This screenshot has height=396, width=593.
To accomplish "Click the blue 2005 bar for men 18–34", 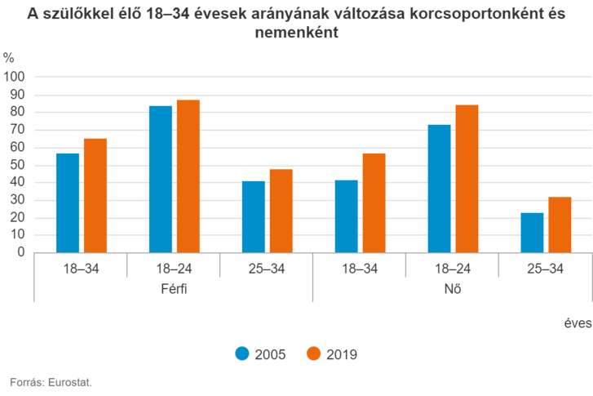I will pyautogui.click(x=68, y=202).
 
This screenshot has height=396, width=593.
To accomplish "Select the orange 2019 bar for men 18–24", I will pyautogui.click(x=188, y=176).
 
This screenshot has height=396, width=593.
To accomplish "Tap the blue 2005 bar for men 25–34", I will pyautogui.click(x=253, y=216).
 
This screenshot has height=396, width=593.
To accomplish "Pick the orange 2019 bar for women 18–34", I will pyautogui.click(x=374, y=202).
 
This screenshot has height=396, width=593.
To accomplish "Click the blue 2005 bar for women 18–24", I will pyautogui.click(x=439, y=188).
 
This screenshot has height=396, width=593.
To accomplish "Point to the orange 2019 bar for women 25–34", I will pyautogui.click(x=559, y=225).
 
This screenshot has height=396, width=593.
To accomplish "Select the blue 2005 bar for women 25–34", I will pyautogui.click(x=532, y=232).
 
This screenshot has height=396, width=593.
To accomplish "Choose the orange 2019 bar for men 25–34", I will pyautogui.click(x=281, y=211).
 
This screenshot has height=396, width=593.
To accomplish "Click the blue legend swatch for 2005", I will pyautogui.click(x=241, y=354).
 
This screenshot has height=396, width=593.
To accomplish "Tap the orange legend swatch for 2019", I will pyautogui.click(x=312, y=354).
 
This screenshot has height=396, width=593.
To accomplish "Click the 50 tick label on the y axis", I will pyautogui.click(x=17, y=164).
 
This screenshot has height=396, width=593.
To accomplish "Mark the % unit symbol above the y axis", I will pyautogui.click(x=8, y=57).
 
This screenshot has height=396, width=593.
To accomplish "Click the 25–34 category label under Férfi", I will pyautogui.click(x=266, y=268).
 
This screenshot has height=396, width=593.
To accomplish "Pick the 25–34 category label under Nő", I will pyautogui.click(x=544, y=268).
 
